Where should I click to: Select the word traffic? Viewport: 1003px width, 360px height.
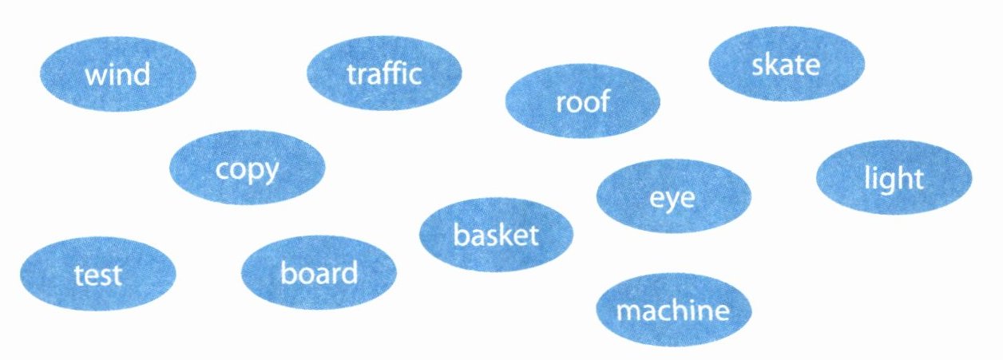384,74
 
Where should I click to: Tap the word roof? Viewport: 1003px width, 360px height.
582,101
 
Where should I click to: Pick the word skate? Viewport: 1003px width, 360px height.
786,65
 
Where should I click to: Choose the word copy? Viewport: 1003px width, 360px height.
248,169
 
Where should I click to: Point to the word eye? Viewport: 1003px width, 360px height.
672,198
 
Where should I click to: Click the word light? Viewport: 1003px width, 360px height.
893,179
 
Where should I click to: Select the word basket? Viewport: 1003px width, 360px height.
496,235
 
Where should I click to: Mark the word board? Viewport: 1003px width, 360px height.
319,274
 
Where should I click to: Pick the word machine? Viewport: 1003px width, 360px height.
673,311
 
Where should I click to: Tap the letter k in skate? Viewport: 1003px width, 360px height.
772,65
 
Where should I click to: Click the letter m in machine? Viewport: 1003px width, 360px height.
627,311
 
